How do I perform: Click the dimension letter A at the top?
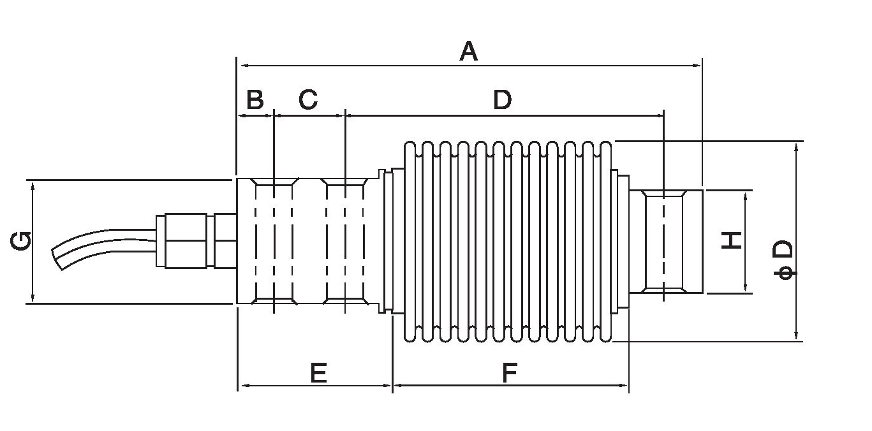(469, 51)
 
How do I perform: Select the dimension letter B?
(255, 100)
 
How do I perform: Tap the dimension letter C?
(308, 100)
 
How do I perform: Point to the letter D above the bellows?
(503, 100)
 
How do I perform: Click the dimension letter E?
(318, 373)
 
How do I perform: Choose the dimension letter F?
(509, 373)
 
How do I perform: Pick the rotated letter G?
(21, 242)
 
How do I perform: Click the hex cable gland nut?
(186, 240)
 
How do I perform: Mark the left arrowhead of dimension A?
(242, 65)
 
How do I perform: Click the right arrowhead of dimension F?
(624, 385)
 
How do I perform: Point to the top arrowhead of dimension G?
(33, 184)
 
